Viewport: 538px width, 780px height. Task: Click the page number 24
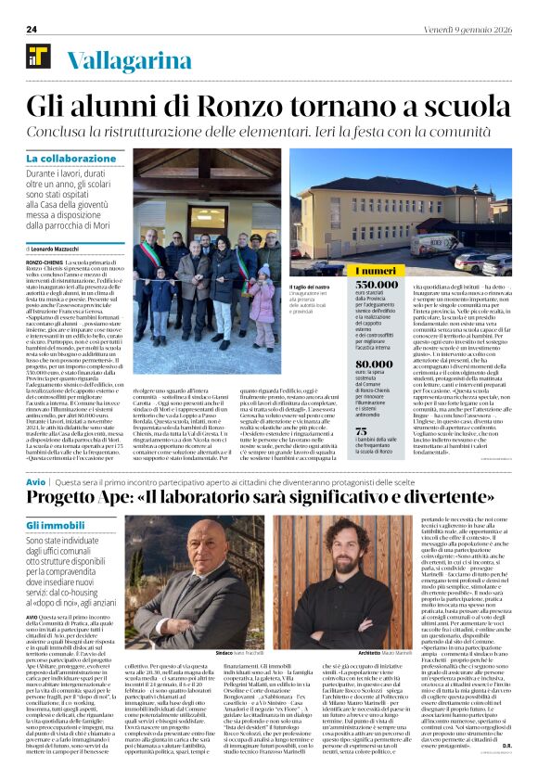32,30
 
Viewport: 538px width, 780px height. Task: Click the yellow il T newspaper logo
38,58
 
